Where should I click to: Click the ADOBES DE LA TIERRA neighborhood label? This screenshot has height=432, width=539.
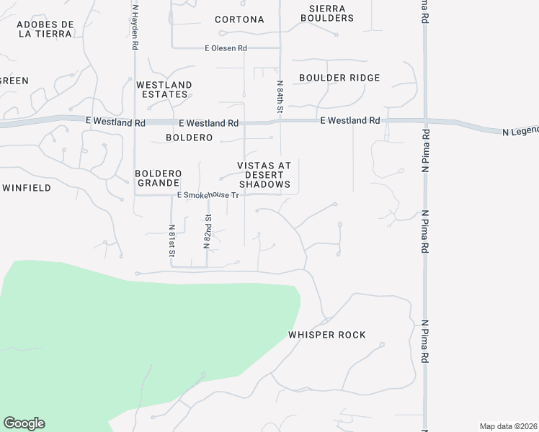(x=45, y=29)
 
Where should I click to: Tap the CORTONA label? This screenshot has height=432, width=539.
(x=239, y=19)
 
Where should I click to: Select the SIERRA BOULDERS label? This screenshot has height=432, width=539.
(x=326, y=13)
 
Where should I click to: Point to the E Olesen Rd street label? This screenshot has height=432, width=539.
(x=226, y=48)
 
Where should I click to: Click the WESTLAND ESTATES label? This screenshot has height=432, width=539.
(x=164, y=89)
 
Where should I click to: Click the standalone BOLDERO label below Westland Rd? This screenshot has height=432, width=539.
(x=189, y=137)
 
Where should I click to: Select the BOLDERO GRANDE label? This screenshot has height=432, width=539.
(x=157, y=179)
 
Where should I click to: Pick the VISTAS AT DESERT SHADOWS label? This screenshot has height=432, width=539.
(x=264, y=175)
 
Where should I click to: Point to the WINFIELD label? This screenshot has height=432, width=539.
(x=27, y=188)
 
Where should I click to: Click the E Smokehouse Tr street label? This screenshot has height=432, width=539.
(x=208, y=195)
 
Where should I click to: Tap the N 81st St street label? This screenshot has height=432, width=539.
(x=172, y=240)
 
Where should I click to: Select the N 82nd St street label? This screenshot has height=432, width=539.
(x=207, y=230)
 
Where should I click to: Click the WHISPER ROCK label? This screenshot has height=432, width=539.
(x=327, y=335)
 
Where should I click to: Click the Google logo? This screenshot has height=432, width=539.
(x=24, y=423)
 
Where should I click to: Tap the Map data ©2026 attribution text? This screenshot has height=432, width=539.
(x=508, y=426)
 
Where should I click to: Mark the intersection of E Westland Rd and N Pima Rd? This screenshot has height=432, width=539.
(x=425, y=120)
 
